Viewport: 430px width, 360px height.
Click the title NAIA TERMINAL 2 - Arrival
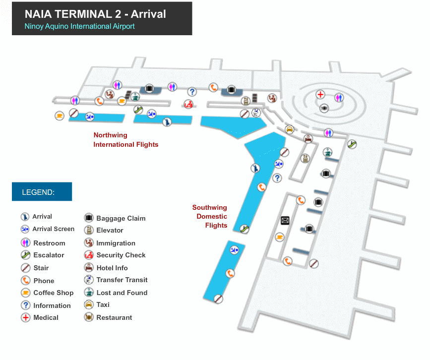point(95,13)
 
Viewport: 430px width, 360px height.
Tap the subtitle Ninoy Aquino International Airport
point(79,26)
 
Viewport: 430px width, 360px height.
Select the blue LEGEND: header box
point(42,192)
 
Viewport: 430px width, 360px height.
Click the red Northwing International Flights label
point(126,140)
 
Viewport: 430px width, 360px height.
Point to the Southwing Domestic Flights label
point(210,216)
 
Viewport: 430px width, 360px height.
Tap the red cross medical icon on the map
point(321,94)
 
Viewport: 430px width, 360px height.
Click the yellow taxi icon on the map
point(289,129)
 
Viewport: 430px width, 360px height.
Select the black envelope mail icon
point(285,220)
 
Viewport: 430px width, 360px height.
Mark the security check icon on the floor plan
point(188,104)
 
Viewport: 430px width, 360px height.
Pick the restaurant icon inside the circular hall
point(324,108)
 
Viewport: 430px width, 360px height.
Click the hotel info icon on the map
point(308,139)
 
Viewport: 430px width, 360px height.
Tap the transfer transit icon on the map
point(256,113)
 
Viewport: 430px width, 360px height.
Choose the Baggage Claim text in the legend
point(121,218)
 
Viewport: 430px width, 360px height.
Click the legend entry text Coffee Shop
point(53,293)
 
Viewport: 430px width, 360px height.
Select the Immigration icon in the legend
point(89,243)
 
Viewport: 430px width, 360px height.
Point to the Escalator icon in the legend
point(26,255)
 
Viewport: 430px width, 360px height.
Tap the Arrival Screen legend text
point(53,229)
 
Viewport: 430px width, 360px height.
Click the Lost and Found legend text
point(122,293)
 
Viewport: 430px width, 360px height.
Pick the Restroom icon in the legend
point(26,243)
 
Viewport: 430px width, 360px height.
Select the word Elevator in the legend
point(110,230)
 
